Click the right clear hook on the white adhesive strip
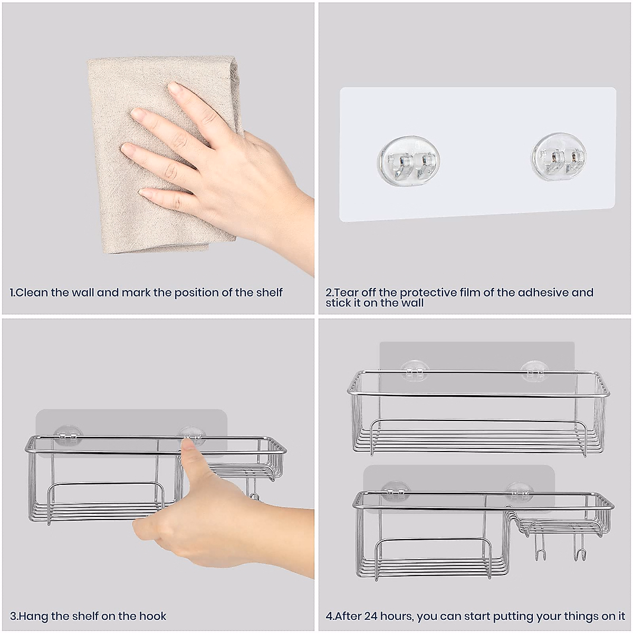(559, 157)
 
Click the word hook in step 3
(152, 616)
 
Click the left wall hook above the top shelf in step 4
(415, 370)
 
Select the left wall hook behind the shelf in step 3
(69, 434)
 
